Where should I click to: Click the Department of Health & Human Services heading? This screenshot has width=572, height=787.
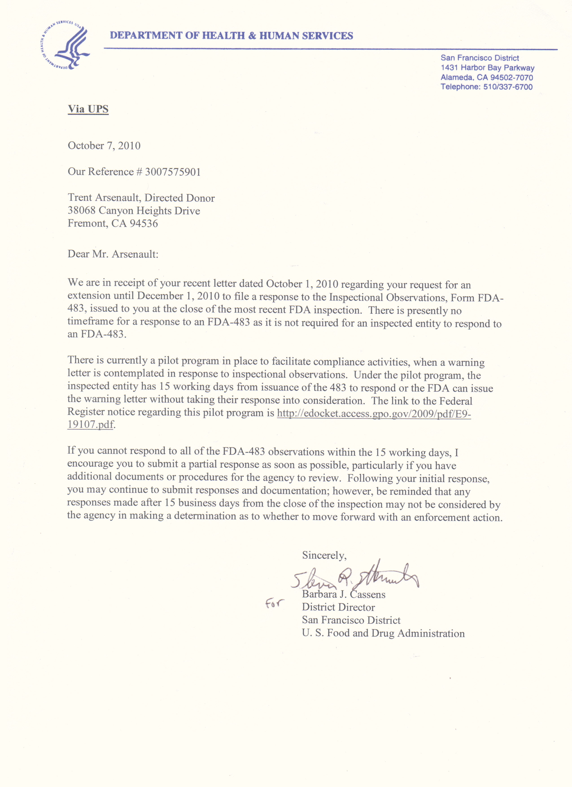[x=231, y=35]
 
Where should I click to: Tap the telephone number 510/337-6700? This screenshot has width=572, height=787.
[x=508, y=87]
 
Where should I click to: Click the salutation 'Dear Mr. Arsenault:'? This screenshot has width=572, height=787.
[x=113, y=254]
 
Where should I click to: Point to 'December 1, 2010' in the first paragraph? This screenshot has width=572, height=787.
[x=178, y=296]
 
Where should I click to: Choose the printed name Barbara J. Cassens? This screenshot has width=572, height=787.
[x=344, y=594]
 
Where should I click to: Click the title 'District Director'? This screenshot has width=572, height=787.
[x=338, y=607]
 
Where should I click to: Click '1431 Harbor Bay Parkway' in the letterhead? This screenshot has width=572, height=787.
[x=487, y=68]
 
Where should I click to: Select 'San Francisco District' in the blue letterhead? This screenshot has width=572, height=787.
[x=480, y=58]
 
